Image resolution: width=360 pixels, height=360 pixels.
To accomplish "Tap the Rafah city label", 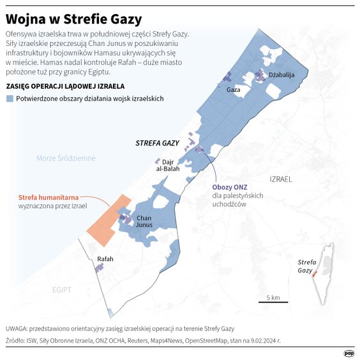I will pos(105,259).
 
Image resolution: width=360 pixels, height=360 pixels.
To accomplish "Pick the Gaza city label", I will pos(233,90).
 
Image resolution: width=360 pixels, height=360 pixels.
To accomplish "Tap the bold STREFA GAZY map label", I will pos(157,144).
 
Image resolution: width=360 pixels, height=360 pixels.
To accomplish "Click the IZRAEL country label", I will pos(280,179).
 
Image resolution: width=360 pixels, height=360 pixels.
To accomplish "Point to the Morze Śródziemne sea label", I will pos(66,158).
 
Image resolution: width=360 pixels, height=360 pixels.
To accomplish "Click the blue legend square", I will pos(10,99).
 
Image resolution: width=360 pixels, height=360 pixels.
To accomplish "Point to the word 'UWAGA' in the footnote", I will pos(17,329).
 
